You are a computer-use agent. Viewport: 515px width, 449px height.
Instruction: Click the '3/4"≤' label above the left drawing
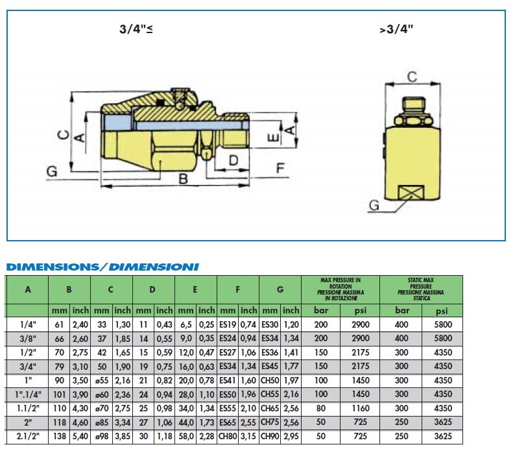click(x=136, y=29)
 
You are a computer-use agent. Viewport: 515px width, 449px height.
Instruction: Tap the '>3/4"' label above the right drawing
click(x=396, y=29)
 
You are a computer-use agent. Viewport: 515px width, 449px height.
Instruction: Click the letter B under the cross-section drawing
click(x=183, y=179)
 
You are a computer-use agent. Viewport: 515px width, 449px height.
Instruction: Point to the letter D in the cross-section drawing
click(x=234, y=161)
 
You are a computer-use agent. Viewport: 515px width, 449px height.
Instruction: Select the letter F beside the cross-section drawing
click(x=280, y=168)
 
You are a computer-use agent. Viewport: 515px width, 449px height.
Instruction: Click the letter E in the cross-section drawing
click(x=274, y=138)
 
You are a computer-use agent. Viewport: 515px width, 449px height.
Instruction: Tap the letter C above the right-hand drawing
click(x=413, y=77)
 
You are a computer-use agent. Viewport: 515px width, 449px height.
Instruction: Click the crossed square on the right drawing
click(x=411, y=193)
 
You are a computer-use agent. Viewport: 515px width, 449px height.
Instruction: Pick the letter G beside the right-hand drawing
click(x=374, y=205)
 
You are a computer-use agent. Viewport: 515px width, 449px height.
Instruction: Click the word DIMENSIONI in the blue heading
click(x=154, y=267)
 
